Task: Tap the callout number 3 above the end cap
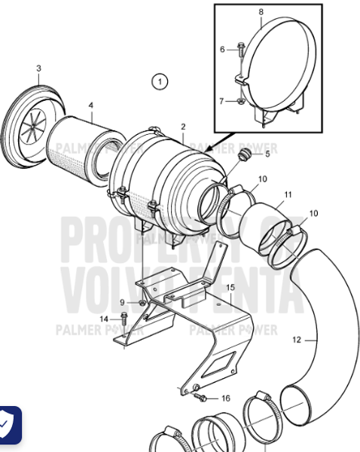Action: (x=38, y=69)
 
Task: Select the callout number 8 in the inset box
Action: (x=261, y=13)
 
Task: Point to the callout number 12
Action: (x=296, y=340)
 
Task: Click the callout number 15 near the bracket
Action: (x=230, y=287)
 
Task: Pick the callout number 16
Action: (x=225, y=397)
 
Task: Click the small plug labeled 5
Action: (x=243, y=156)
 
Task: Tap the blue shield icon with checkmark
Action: (x=8, y=426)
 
